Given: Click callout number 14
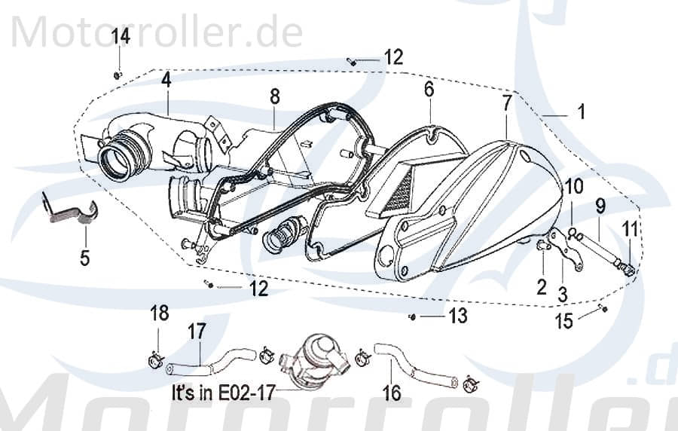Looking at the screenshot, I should click(x=121, y=35).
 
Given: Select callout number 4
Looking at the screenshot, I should click(x=166, y=79).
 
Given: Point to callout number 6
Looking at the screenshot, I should click(x=429, y=89).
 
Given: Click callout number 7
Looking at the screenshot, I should click(x=507, y=103).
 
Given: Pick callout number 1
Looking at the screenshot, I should click(x=581, y=113).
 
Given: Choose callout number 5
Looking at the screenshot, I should click(x=84, y=258).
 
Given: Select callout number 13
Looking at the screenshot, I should click(x=457, y=316).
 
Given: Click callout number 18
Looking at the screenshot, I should click(x=159, y=313).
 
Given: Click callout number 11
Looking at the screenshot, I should click(x=628, y=228).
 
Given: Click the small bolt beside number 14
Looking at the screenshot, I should click(x=118, y=75).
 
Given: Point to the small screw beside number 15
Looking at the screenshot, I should click(x=603, y=309).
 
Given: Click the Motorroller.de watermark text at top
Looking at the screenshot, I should click(x=158, y=32).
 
